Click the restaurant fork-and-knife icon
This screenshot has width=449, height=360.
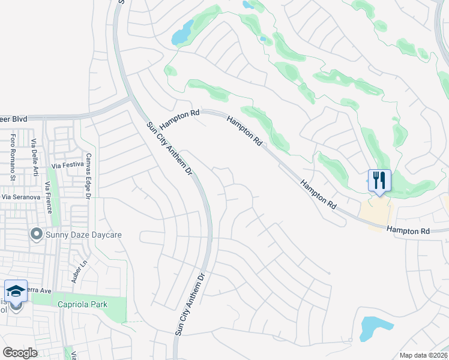[379, 180]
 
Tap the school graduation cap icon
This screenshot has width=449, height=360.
[16, 291]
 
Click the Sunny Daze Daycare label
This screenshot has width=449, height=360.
[83, 235]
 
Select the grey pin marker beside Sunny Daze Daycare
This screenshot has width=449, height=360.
[37, 234]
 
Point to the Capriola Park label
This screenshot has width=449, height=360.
[82, 304]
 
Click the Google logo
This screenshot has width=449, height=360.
[20, 353]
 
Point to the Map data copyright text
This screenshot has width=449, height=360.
[423, 355]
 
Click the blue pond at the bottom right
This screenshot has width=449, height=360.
[375, 327]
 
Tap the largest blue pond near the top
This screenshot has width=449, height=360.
[183, 33]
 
